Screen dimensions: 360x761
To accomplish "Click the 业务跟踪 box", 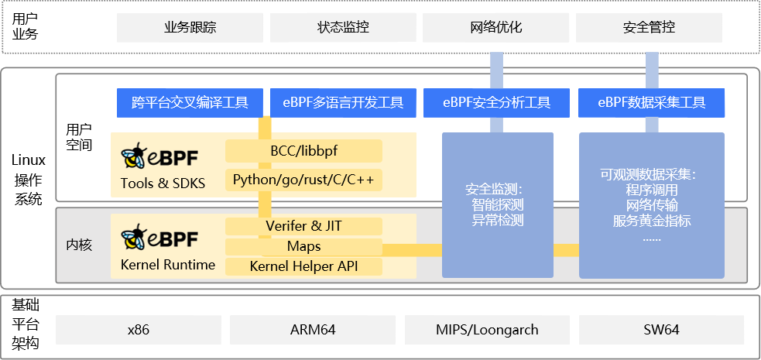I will tap(190, 28).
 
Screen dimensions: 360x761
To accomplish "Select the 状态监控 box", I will tap(343, 28).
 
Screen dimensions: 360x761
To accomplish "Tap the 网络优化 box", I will tap(496, 28).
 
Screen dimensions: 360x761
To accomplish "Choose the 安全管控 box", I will tap(649, 28).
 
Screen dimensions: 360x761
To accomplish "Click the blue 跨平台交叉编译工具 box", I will tap(190, 102).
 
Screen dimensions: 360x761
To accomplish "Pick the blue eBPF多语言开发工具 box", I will tap(343, 102).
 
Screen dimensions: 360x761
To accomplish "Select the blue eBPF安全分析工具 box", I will tap(496, 102).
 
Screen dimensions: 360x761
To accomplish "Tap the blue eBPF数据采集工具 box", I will tap(652, 102).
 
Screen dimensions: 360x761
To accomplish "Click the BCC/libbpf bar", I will tap(303, 150).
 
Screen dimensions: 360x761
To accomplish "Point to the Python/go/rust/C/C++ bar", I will tap(303, 180).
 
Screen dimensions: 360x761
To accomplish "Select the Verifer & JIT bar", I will tap(303, 226).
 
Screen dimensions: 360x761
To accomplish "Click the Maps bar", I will tap(303, 247).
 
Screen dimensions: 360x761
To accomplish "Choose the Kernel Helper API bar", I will tap(303, 266).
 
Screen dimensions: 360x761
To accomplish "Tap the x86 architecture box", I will tap(139, 329).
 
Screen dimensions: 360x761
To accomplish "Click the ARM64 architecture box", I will tap(313, 329).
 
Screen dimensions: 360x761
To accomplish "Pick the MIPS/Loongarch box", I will tap(487, 329).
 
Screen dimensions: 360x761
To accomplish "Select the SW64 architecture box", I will tap(661, 329).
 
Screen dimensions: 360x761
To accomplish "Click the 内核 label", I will tap(79, 245).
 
